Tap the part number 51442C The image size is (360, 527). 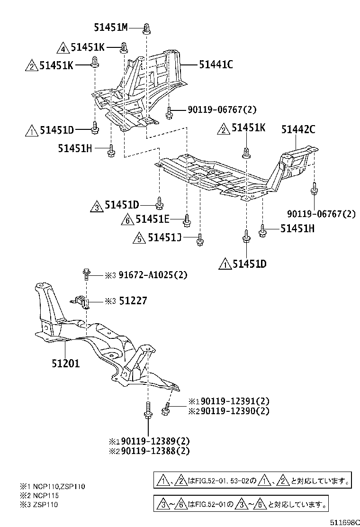pos(298,128)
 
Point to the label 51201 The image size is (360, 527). pos(66,363)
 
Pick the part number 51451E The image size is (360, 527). pos(152,219)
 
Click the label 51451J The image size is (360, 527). pos(164,238)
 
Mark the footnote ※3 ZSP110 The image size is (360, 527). pos(39,504)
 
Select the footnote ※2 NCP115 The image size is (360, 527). pos(39,495)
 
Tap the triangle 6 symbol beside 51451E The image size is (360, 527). pos(127,219)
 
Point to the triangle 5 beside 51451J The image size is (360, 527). pos(139,238)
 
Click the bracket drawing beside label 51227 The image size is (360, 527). pos(83,302)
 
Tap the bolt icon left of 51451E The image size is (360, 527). pos(187,219)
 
